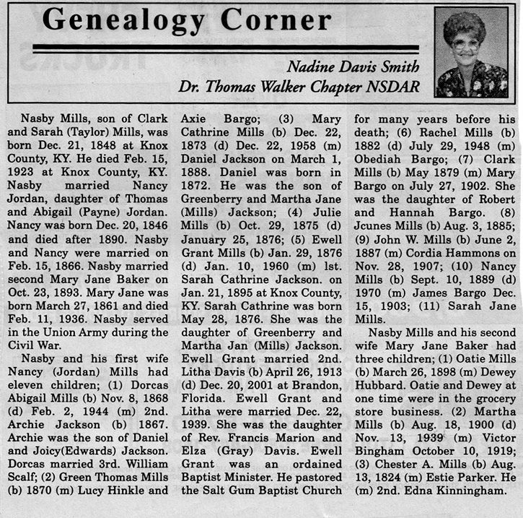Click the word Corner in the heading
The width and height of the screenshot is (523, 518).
point(276,20)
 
